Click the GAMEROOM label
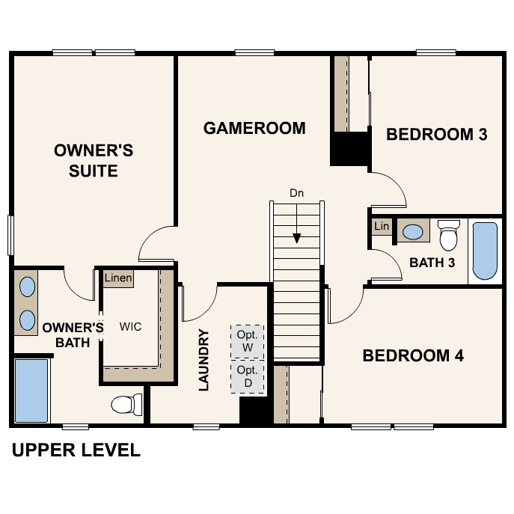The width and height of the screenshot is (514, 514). pos(254,128)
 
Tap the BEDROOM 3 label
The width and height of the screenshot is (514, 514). pos(437,135)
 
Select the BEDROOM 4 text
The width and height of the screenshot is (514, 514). pos(413,355)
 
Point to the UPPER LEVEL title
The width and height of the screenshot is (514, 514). pos(76,450)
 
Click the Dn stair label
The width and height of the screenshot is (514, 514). pos(297,193)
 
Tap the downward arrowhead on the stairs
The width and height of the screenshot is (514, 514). pos(297,238)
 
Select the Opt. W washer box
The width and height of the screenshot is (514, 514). pos(248,342)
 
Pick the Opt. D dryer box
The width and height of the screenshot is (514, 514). pos(248,376)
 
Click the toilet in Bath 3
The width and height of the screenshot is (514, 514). pos(448,235)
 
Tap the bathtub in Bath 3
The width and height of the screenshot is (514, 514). pos(485,251)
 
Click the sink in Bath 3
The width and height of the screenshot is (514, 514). pos(413,232)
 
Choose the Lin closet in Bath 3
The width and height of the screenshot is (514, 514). pos(382,227)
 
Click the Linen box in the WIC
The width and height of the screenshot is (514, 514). pos(118,278)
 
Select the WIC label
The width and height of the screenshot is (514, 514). pos(130,326)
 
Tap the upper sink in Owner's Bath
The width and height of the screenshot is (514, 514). pos(27,287)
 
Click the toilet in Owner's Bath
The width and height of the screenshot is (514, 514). pos(126,405)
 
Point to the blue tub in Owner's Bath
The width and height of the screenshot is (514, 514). pos(31,391)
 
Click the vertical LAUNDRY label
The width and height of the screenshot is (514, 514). pos(204,360)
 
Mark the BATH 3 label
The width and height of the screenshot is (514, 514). pos(432,263)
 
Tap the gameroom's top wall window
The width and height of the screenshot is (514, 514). pos(254,52)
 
